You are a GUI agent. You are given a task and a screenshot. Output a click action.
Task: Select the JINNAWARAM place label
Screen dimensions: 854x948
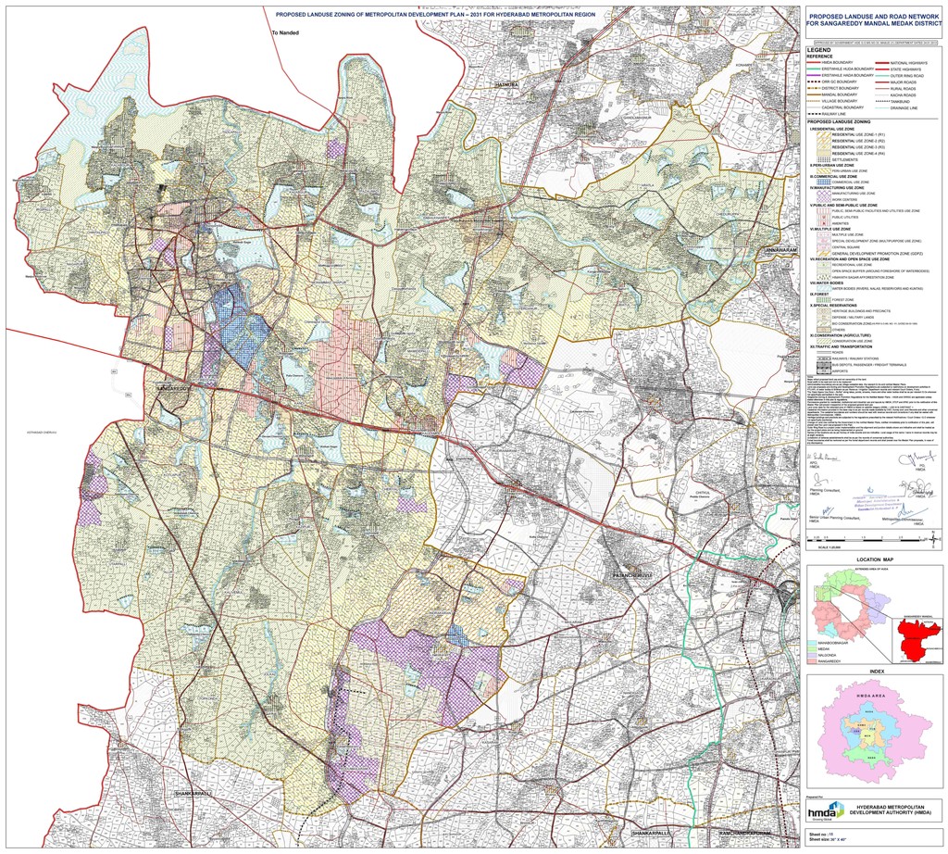pos(780,250)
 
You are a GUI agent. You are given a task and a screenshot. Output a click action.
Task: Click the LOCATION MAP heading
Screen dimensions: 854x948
pos(876,561)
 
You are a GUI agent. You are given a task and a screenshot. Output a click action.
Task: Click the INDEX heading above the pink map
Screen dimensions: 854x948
pos(876,671)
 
